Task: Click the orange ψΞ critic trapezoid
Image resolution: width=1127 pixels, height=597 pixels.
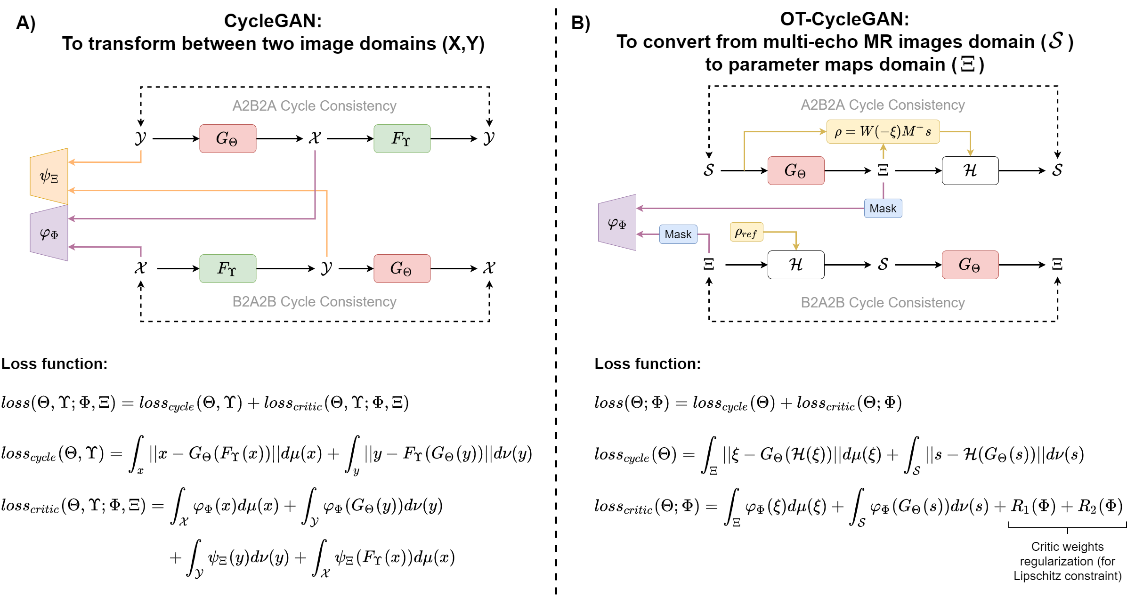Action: click(x=49, y=176)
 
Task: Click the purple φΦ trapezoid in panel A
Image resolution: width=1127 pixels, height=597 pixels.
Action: click(x=49, y=233)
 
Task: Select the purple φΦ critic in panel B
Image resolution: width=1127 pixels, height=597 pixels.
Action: click(x=617, y=223)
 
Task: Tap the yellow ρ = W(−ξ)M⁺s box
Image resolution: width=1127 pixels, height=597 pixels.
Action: click(x=883, y=131)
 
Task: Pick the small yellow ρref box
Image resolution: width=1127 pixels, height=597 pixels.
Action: click(x=746, y=232)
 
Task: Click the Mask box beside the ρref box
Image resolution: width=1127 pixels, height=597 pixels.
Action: click(x=678, y=234)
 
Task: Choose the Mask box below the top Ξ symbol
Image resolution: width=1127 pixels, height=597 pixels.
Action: click(x=883, y=208)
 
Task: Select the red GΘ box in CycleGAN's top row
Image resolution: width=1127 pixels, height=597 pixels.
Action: click(x=227, y=138)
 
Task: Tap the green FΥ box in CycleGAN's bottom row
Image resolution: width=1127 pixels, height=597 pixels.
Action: click(x=227, y=268)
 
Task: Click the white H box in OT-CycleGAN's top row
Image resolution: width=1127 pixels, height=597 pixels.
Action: click(x=970, y=170)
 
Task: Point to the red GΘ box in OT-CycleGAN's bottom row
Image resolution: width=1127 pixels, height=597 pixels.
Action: click(x=970, y=265)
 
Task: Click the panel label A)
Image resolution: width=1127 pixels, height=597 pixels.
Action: click(x=26, y=23)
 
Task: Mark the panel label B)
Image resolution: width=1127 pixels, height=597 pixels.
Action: click(x=580, y=23)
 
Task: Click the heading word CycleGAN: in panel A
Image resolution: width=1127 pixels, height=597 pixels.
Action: click(x=273, y=21)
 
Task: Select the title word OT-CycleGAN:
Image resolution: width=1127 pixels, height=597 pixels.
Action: click(x=844, y=19)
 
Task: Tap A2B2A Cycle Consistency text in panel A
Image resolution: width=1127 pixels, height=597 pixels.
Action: click(x=314, y=106)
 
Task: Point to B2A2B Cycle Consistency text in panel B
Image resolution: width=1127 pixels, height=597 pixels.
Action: click(x=883, y=302)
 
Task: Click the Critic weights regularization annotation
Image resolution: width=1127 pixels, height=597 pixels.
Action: click(x=1067, y=561)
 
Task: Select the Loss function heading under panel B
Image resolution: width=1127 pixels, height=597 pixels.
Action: click(x=648, y=363)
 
